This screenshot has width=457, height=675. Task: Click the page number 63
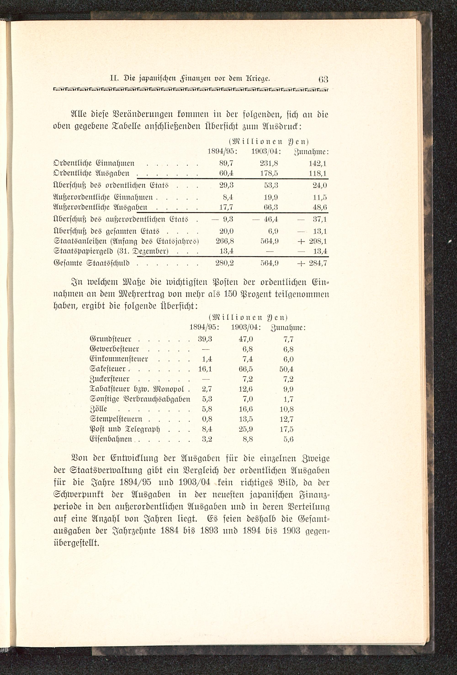coord(323,79)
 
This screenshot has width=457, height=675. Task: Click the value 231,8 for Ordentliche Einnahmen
coord(269,164)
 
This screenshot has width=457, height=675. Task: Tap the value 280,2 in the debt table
coord(224,263)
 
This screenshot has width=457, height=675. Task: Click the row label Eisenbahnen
coord(111,439)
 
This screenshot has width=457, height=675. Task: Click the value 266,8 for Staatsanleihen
coord(224,241)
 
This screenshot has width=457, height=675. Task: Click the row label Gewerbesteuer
coord(114,349)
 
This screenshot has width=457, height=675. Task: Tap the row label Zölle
coord(98,409)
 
